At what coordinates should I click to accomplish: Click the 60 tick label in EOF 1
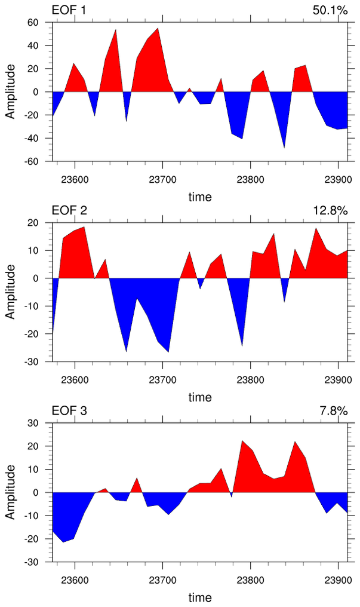coord(32,23)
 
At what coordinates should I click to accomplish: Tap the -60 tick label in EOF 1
coord(29,162)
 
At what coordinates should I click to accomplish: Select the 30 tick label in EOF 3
coord(32,423)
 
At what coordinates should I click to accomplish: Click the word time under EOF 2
coord(200,397)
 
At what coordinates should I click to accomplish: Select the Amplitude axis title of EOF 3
coord(10,492)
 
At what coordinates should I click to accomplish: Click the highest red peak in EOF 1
coord(158,29)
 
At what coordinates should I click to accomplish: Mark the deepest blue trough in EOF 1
coord(284,147)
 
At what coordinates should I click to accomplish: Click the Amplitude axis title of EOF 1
coord(10,92)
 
